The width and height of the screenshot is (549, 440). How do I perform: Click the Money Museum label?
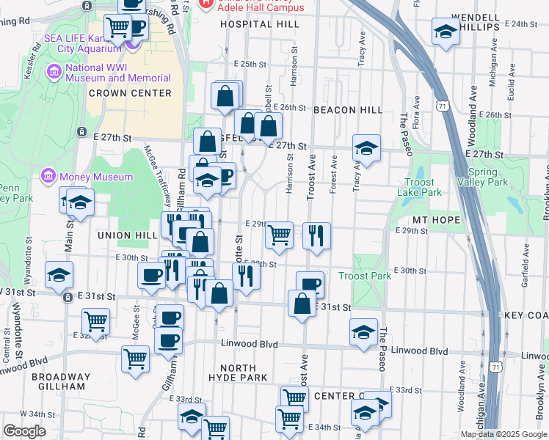pyautogui.click(x=97, y=177)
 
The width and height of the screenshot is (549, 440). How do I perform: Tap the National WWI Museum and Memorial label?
pyautogui.click(x=117, y=73)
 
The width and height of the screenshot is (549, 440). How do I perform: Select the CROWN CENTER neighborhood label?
pyautogui.click(x=130, y=93)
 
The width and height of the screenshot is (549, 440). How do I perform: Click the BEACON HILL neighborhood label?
pyautogui.click(x=347, y=110)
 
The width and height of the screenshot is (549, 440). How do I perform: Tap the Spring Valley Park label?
pyautogui.click(x=482, y=177)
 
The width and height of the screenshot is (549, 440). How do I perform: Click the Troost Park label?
pyautogui.click(x=365, y=276)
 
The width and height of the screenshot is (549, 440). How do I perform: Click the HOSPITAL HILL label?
pyautogui.click(x=259, y=24)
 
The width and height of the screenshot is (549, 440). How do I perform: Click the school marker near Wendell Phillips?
pyautogui.click(x=446, y=32)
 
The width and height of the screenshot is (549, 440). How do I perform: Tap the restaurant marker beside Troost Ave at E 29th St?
pyautogui.click(x=316, y=235)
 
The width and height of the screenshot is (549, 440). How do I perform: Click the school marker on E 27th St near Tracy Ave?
pyautogui.click(x=366, y=148)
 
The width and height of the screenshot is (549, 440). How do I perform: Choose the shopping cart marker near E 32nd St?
pyautogui.click(x=96, y=321)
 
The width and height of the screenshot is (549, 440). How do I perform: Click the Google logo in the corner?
pyautogui.click(x=24, y=431)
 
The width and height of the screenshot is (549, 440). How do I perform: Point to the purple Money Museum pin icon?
pyautogui.click(x=49, y=177)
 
